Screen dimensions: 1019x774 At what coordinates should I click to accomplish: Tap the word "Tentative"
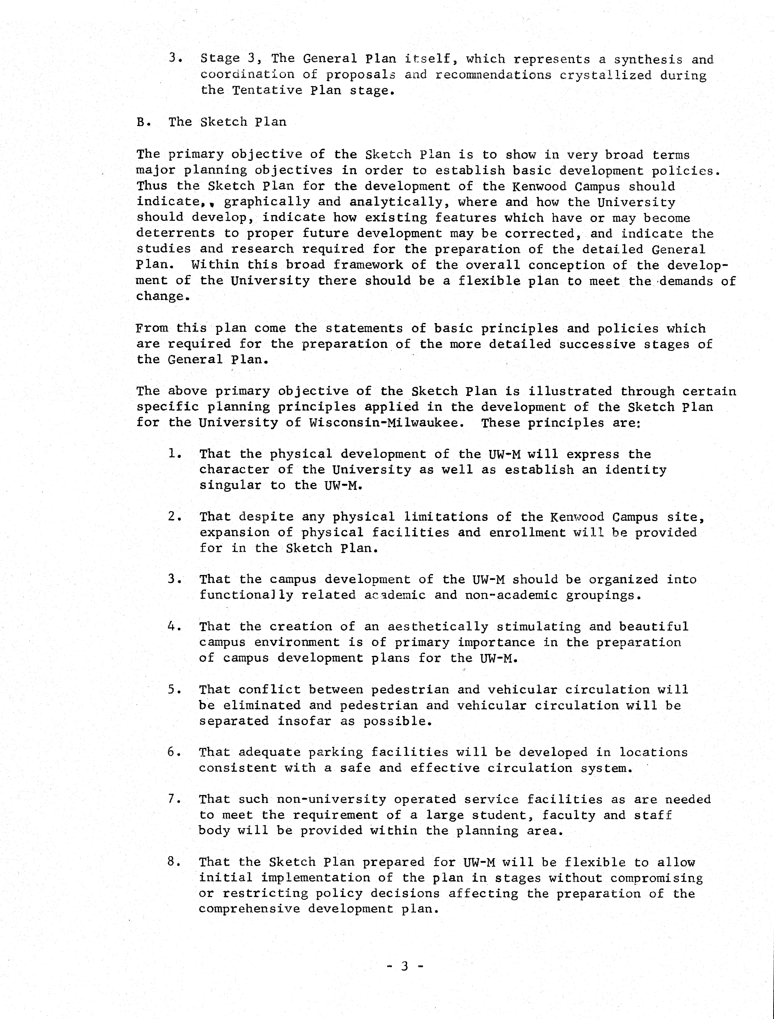(x=266, y=90)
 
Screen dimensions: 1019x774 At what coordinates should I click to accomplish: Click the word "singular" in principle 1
(x=230, y=485)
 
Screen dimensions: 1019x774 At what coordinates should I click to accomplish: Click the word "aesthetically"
(x=438, y=627)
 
